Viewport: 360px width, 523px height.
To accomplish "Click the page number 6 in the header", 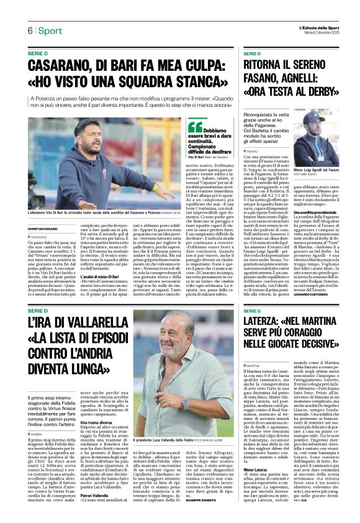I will (x=29, y=30).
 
